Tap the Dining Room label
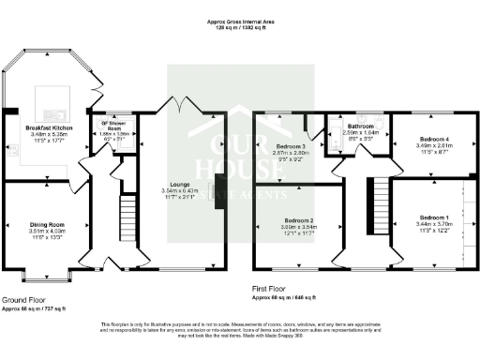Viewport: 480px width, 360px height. [46, 225]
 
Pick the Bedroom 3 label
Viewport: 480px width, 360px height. [291, 147]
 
